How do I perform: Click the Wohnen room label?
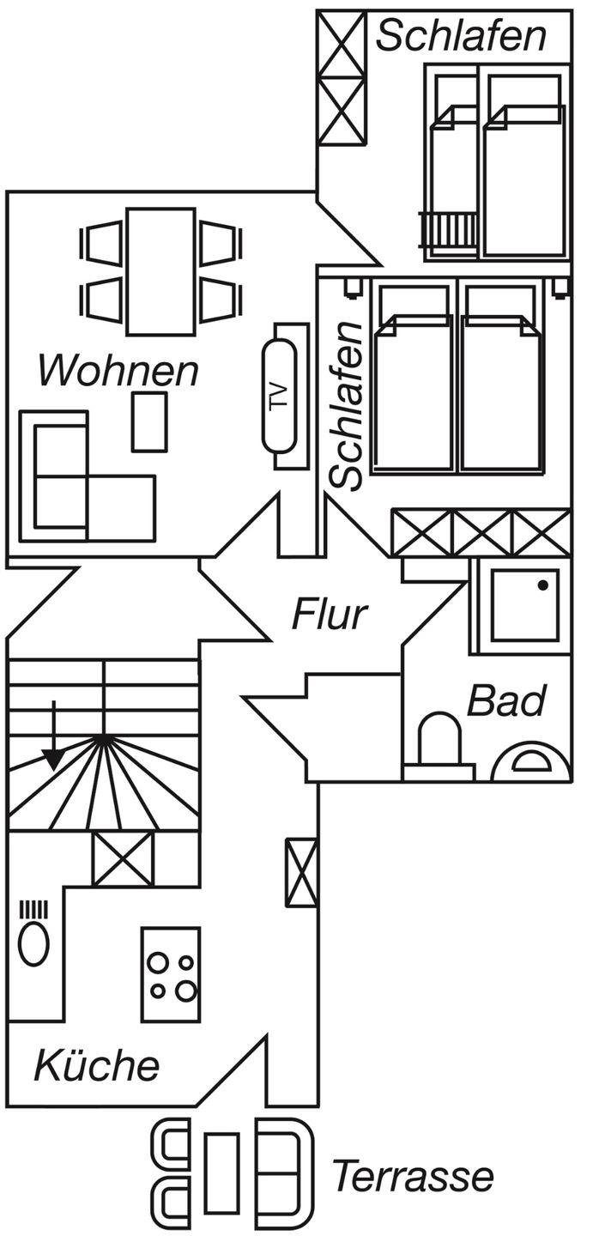[118, 372]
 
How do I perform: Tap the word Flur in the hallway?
[330, 615]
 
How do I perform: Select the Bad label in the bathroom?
[506, 701]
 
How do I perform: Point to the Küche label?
[96, 1066]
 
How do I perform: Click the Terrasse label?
[413, 1176]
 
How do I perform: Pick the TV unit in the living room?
[280, 396]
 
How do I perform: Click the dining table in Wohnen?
[160, 270]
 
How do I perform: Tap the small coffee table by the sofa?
[149, 421]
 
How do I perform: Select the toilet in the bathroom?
[439, 740]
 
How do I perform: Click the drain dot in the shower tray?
[543, 585]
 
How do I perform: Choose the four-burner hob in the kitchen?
[171, 974]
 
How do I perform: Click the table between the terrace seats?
[222, 1172]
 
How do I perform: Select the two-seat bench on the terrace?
[281, 1172]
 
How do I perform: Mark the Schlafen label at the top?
[461, 36]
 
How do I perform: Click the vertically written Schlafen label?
[348, 405]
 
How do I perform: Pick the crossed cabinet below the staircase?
[123, 858]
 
